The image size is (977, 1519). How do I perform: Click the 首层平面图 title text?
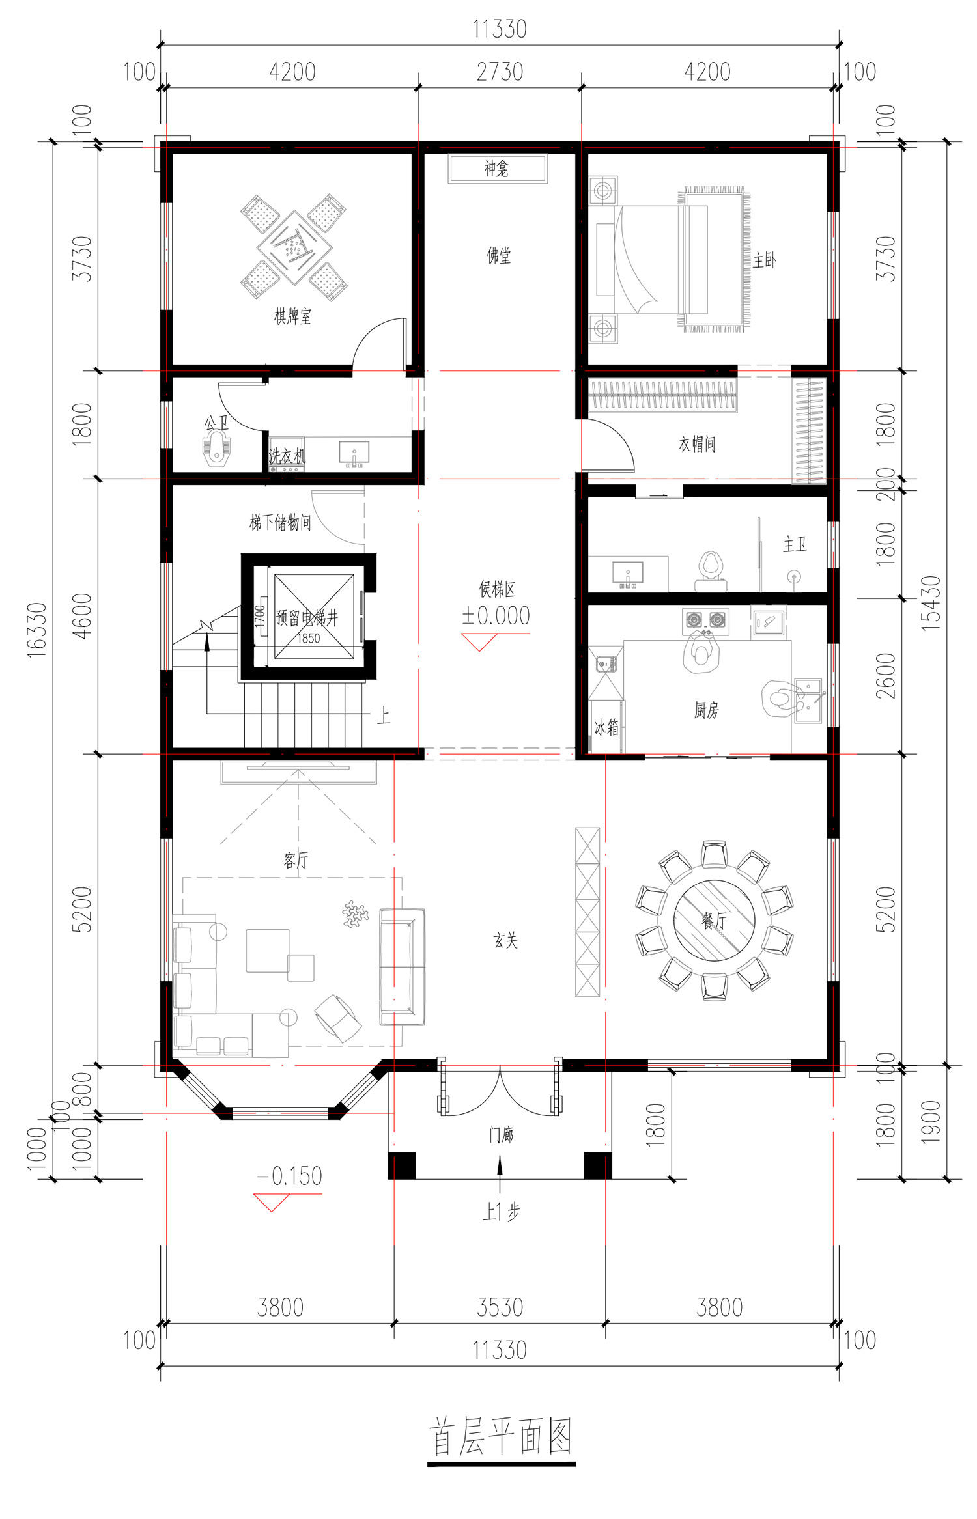500,1436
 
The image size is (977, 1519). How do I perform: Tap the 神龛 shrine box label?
496,169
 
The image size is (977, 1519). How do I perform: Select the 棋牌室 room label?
292,316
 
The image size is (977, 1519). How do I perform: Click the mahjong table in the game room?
294,247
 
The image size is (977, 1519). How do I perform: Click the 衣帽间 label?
697,444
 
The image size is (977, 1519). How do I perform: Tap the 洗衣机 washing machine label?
287,455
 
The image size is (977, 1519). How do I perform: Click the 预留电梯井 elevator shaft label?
307,617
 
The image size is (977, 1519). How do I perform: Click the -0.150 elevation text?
289,1176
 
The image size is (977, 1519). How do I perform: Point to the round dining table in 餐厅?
714,920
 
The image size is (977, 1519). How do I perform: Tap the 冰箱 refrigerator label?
606,727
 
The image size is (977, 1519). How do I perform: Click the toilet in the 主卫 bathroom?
711,570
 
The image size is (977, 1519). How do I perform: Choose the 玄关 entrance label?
505,940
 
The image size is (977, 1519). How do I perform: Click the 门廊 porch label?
501,1135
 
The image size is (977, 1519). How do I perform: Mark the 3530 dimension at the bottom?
500,1307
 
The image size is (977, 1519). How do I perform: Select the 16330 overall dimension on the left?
36,630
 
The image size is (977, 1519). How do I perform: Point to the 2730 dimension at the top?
500,72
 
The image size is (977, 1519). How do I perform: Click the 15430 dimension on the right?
931,603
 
